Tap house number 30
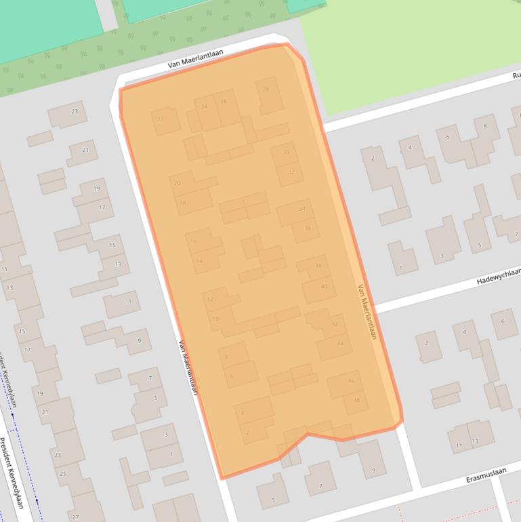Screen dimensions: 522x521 (286, 153)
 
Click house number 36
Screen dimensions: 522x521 (307, 228)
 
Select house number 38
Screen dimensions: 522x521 (318, 266)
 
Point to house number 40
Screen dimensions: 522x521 (324, 286)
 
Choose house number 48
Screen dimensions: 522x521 (356, 400)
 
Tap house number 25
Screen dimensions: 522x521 (63, 473)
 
